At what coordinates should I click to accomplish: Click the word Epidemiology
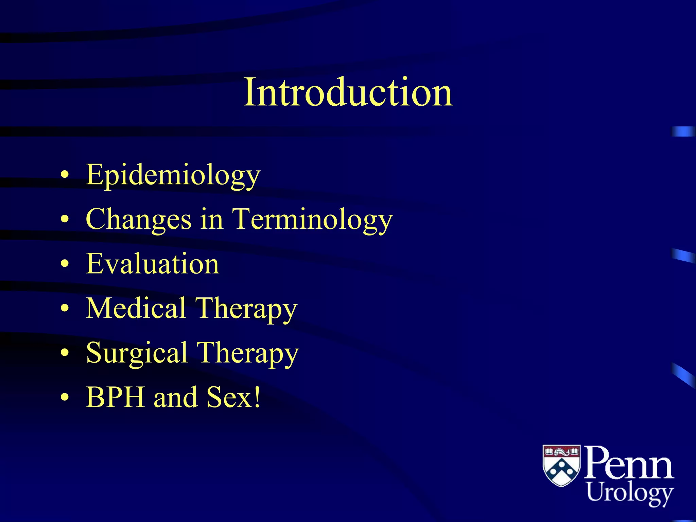pos(173,175)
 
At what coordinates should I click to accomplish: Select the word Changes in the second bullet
pos(138,220)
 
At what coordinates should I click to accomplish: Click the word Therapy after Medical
pos(246,309)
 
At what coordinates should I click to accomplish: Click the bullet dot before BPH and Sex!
pos(65,397)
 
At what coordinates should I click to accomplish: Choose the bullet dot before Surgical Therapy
pos(65,353)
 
